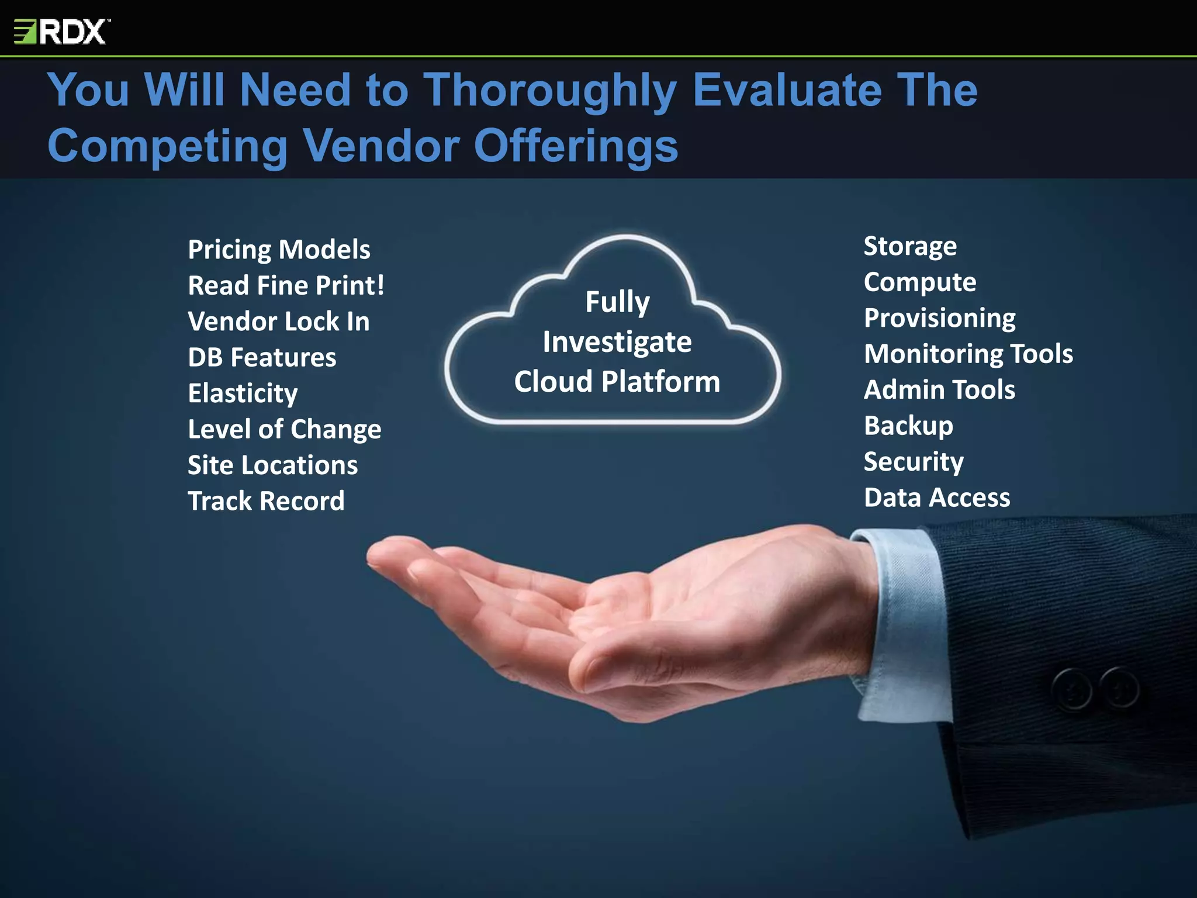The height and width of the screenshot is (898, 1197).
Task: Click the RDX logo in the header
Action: click(61, 32)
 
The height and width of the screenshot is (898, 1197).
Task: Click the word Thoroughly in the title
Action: click(549, 91)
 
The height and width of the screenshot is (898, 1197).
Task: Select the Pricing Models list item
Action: click(279, 250)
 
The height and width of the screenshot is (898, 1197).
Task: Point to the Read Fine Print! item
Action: click(286, 285)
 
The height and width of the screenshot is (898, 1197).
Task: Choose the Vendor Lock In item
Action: click(278, 322)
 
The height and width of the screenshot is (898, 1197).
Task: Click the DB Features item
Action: click(262, 357)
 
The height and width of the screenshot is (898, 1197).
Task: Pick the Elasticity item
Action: click(243, 393)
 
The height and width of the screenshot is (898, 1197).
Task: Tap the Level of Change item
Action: click(284, 429)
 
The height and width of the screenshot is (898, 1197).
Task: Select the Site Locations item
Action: click(272, 465)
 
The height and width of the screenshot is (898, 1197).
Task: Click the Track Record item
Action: click(266, 501)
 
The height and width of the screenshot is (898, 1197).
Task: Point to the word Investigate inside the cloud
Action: click(617, 342)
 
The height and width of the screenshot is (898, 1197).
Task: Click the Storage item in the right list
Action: click(910, 246)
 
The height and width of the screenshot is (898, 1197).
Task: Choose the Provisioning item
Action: click(940, 318)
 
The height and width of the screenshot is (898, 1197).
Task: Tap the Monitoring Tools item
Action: click(968, 354)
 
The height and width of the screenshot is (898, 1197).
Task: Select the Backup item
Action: click(908, 426)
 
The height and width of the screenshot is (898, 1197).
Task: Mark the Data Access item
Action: click(937, 498)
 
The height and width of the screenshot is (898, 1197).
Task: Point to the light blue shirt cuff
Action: click(903, 620)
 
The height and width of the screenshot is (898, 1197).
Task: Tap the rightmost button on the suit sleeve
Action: click(1119, 687)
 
